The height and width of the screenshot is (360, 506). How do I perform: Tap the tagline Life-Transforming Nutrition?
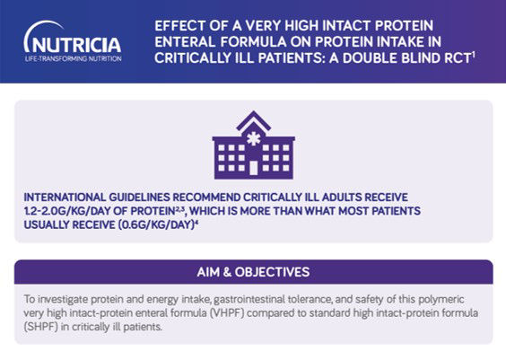[74, 58]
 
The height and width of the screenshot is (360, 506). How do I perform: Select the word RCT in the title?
[457, 58]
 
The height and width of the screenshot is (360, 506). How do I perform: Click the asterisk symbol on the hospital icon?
[253, 139]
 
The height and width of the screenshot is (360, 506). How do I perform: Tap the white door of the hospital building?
[254, 168]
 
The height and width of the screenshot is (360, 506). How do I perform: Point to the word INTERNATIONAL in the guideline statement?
[65, 198]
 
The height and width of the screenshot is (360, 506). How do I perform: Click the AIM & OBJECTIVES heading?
[253, 272]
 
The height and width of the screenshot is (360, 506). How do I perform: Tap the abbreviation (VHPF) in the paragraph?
[227, 312]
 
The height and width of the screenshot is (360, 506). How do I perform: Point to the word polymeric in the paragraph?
[441, 300]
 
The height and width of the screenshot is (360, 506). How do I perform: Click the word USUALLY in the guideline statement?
[47, 224]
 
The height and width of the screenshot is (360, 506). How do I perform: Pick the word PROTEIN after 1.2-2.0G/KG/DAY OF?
[153, 211]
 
